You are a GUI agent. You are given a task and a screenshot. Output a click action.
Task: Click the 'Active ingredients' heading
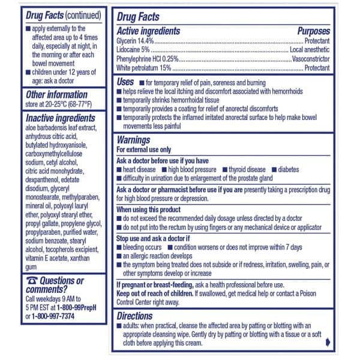148,31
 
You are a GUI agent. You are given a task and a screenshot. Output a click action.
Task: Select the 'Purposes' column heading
313,31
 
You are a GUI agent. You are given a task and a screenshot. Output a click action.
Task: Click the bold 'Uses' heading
126,81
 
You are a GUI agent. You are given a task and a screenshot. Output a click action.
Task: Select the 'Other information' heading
56,94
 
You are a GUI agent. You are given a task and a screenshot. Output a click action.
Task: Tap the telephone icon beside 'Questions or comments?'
32,280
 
